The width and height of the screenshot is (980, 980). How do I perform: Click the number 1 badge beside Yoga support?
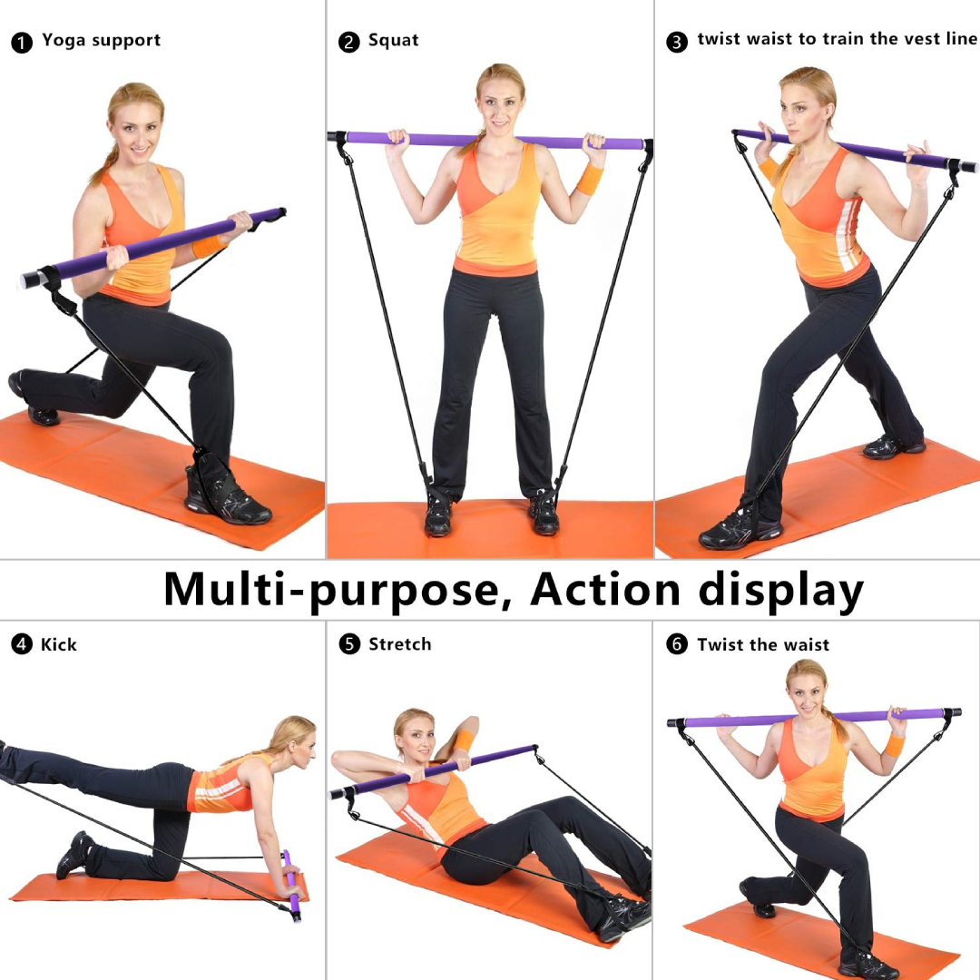(x=22, y=43)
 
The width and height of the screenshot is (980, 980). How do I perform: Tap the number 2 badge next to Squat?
(x=348, y=43)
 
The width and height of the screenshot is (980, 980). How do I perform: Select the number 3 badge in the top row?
(x=677, y=42)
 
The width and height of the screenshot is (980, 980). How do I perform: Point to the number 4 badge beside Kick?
(x=22, y=644)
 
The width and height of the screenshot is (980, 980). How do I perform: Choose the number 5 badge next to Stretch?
(x=349, y=643)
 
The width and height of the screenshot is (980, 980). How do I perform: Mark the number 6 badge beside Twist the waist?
(x=677, y=643)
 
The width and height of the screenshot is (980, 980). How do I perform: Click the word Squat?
(x=393, y=41)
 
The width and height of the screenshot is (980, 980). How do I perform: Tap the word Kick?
(x=59, y=644)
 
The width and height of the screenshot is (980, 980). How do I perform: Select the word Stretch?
(x=400, y=643)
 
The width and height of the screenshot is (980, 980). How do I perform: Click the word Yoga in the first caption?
(x=64, y=41)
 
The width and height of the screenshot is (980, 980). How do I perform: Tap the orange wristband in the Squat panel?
(x=590, y=180)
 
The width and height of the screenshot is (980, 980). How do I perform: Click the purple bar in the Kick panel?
(x=291, y=886)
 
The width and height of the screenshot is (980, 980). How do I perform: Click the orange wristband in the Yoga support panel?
(x=207, y=246)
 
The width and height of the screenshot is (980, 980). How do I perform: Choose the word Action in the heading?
(x=605, y=591)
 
